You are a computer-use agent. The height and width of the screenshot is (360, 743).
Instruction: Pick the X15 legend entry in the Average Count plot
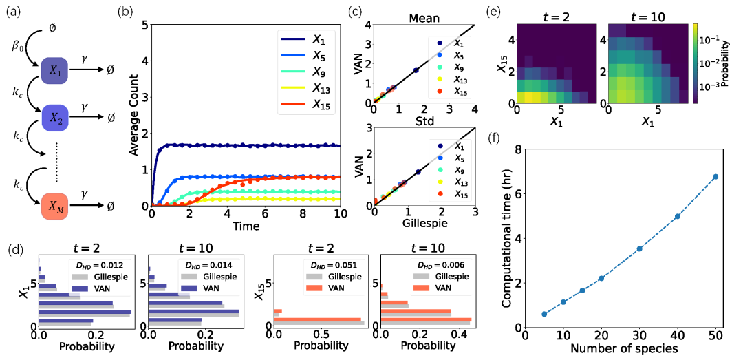click(303, 105)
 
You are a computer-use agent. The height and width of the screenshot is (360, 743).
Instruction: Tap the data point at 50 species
click(716, 177)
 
